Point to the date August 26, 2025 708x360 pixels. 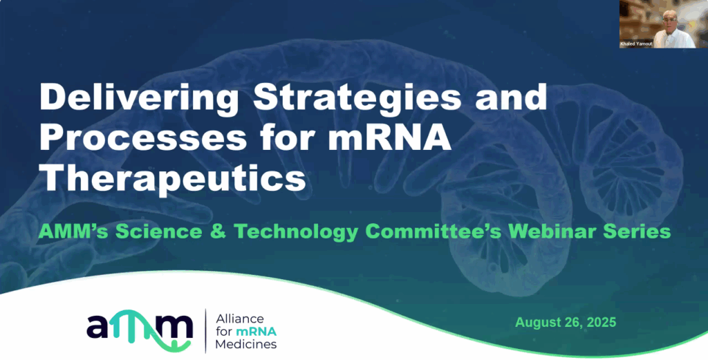(x=566, y=323)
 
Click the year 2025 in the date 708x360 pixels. (x=602, y=322)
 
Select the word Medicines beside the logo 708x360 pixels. (x=246, y=345)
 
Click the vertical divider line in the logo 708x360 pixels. (x=205, y=331)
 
